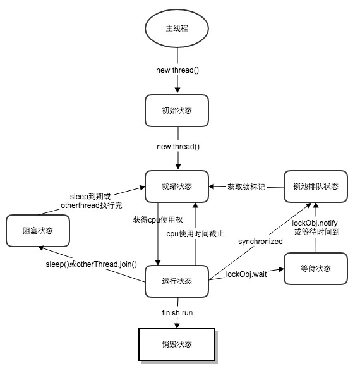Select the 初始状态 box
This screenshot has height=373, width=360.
177,110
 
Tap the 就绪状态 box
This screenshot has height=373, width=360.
177,186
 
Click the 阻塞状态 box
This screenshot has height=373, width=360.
37,231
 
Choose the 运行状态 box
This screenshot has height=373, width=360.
177,281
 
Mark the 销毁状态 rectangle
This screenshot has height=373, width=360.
177,345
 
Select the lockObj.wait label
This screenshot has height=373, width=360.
246,274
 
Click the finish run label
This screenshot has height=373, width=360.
177,313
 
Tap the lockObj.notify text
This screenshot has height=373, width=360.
314,223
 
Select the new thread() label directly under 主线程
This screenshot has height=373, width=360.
177,69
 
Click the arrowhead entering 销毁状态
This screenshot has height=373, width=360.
177,325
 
